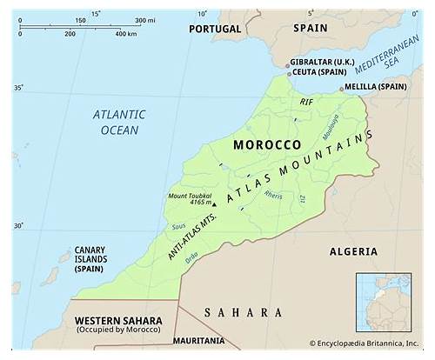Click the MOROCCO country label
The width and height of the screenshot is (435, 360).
[268, 144]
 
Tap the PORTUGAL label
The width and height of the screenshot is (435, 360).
[213, 29]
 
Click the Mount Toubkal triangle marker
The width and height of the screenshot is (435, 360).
[212, 203]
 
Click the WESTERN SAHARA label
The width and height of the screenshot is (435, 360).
[117, 320]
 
